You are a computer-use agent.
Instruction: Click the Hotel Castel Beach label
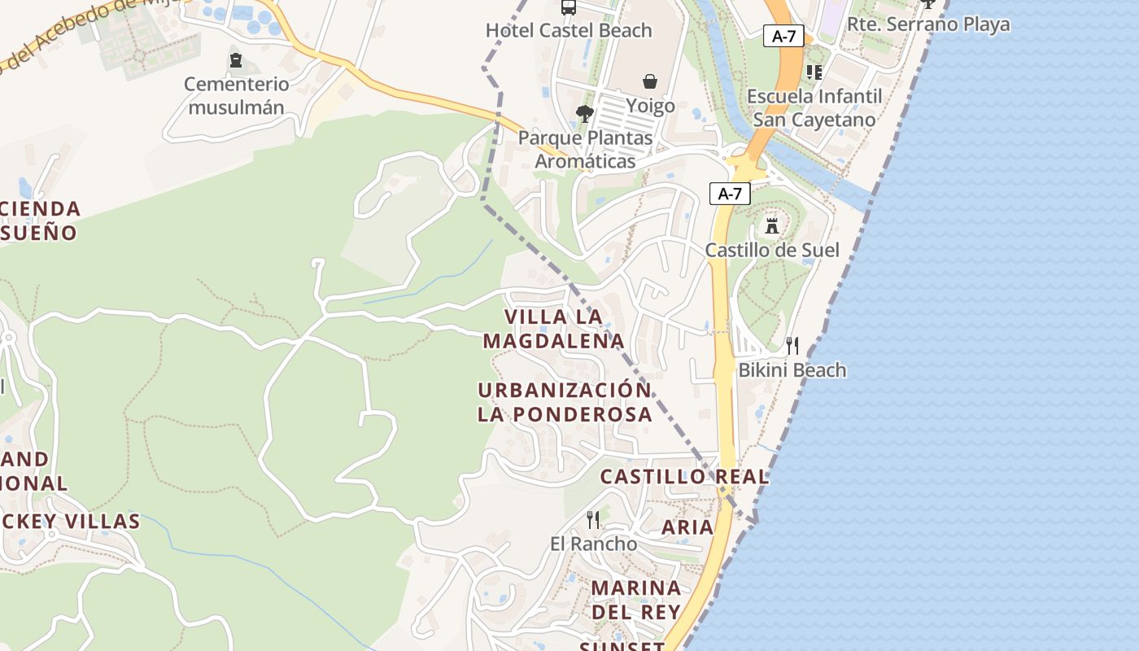(569, 30)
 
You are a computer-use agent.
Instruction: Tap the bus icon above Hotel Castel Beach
(569, 7)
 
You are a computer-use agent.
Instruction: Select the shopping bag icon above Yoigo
(650, 81)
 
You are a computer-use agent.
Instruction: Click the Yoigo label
(650, 106)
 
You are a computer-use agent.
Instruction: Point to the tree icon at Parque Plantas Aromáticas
(584, 114)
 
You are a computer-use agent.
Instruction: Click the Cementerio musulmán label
(236, 95)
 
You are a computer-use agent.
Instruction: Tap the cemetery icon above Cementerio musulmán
(236, 60)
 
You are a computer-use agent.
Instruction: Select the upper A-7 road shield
(783, 36)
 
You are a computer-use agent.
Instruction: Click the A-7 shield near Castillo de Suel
(730, 194)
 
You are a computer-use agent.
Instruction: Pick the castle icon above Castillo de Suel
(772, 225)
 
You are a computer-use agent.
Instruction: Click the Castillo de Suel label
(772, 250)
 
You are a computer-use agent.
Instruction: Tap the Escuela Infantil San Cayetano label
(814, 107)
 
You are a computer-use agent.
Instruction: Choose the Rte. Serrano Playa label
(928, 24)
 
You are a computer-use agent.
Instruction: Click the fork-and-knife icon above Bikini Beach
(792, 346)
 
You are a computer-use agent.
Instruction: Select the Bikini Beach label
(792, 370)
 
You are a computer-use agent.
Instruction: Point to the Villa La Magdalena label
(554, 328)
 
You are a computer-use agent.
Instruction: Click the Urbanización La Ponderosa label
(565, 401)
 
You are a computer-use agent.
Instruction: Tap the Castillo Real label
(684, 477)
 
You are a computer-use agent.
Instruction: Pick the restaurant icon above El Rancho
(593, 519)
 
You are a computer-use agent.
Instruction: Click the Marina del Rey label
(636, 599)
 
